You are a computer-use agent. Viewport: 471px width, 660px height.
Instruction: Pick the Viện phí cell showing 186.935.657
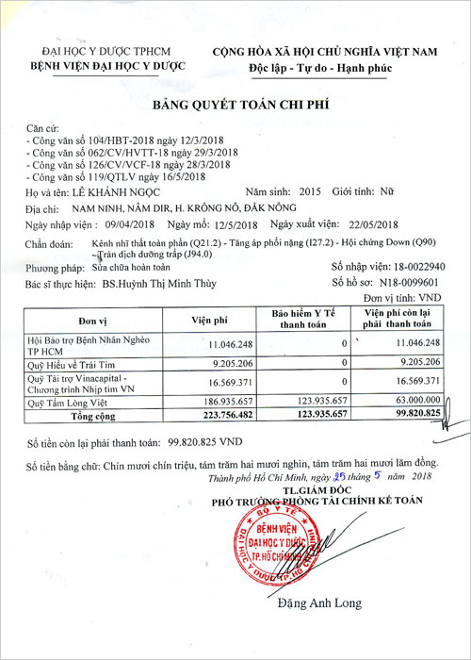[x=226, y=401]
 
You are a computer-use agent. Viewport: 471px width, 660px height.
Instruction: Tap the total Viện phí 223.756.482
[x=224, y=414]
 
